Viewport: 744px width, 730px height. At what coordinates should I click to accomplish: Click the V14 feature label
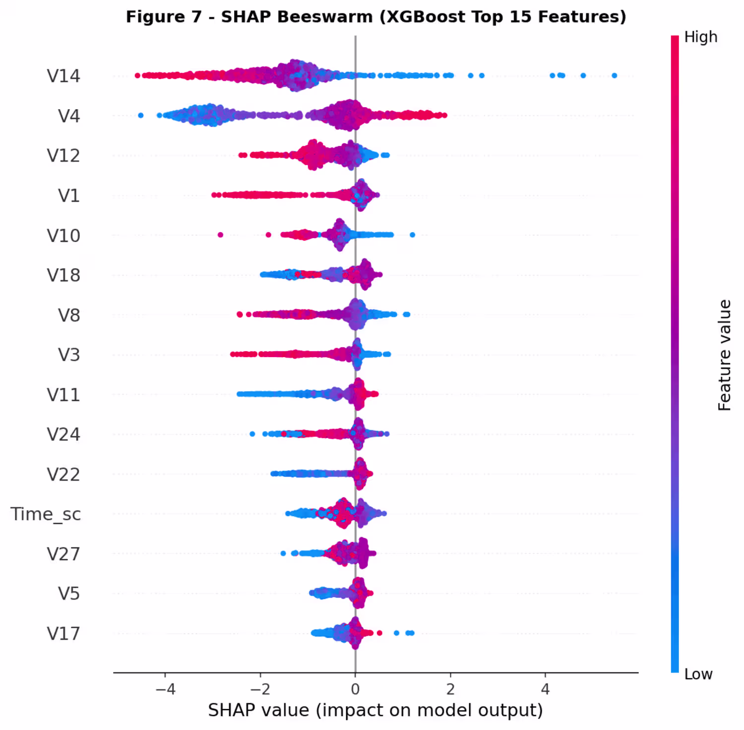pos(63,76)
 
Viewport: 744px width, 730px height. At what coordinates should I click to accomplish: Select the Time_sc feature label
pos(46,514)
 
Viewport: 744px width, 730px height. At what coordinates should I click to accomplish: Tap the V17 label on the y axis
pos(63,634)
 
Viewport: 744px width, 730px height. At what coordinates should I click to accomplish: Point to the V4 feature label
pos(69,116)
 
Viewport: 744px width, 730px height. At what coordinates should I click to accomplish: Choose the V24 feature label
pos(63,434)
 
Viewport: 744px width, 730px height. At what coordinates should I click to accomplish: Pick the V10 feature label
pos(63,236)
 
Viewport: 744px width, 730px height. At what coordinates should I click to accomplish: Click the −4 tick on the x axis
pos(165,689)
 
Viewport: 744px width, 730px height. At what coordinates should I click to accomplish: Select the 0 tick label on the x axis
pos(355,689)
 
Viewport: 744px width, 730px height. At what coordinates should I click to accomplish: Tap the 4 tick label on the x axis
pos(546,689)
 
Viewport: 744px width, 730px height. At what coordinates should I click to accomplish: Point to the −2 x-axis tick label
pos(260,689)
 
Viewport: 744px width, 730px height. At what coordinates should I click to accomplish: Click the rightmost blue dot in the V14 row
pos(615,76)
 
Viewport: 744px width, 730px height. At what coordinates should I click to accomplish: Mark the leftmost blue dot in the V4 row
pos(141,116)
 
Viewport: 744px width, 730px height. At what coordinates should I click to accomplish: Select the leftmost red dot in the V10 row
pos(221,235)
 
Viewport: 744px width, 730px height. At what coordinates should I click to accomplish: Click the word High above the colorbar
pos(700,37)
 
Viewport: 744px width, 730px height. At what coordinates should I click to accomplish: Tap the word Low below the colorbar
pos(698,674)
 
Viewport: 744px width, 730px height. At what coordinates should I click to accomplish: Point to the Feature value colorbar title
pos(725,355)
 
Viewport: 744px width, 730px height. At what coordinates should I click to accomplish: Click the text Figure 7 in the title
pos(163,17)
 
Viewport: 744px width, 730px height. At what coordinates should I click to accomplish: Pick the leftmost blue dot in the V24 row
pos(252,434)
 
